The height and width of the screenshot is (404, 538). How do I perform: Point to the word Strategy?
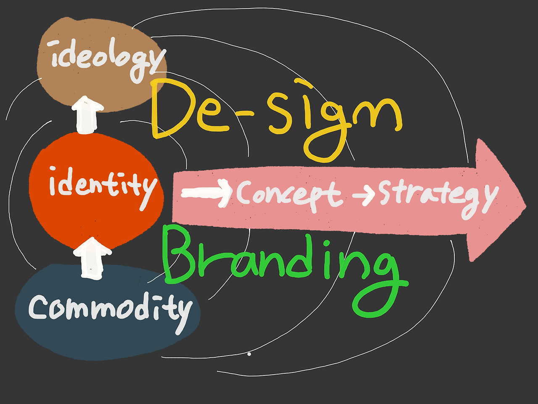point(437,194)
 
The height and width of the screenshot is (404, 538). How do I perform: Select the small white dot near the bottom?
point(249,354)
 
